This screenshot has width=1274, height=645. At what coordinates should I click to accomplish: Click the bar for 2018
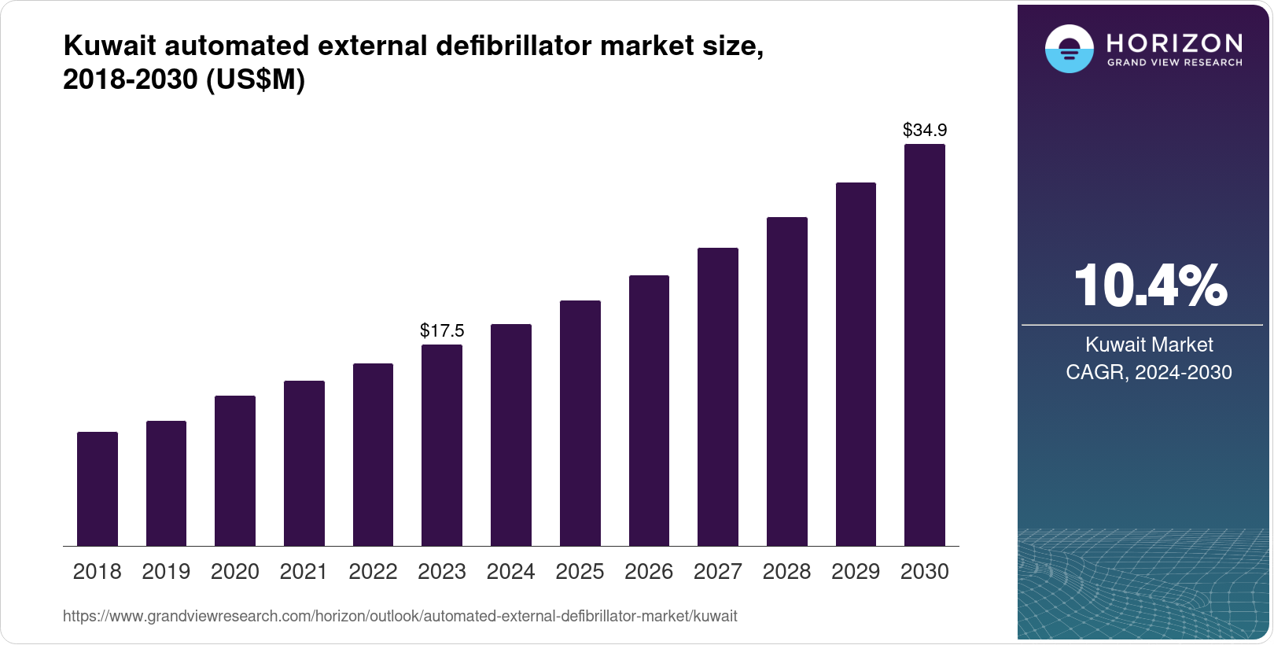point(98,488)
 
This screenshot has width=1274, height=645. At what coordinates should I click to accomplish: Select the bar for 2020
point(235,470)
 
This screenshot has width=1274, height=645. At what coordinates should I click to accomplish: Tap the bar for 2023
point(442,445)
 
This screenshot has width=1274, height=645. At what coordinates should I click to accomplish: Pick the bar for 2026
point(649,411)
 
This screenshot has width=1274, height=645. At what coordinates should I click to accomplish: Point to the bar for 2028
point(787,381)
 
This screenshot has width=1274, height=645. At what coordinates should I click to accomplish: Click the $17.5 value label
point(442,330)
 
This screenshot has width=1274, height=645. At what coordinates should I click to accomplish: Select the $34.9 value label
point(925,130)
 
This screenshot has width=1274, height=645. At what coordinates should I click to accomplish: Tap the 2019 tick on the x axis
point(166,572)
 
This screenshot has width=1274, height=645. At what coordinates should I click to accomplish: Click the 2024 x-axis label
point(510,572)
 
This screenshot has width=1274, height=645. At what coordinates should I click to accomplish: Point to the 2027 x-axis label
point(718,572)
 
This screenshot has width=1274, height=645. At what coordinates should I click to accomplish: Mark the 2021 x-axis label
point(304,572)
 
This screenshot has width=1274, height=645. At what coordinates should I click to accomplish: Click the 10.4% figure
point(1149,286)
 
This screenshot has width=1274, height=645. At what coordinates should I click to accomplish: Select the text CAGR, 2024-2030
point(1149,372)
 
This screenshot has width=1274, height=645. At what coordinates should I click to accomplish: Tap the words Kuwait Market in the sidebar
point(1149,345)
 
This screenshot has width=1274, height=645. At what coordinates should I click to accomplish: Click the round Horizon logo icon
point(1069,50)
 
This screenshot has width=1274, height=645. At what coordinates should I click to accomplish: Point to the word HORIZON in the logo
point(1174,42)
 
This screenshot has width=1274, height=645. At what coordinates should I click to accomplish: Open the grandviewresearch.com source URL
point(400,616)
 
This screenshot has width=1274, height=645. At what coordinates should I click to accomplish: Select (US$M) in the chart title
point(255,79)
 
